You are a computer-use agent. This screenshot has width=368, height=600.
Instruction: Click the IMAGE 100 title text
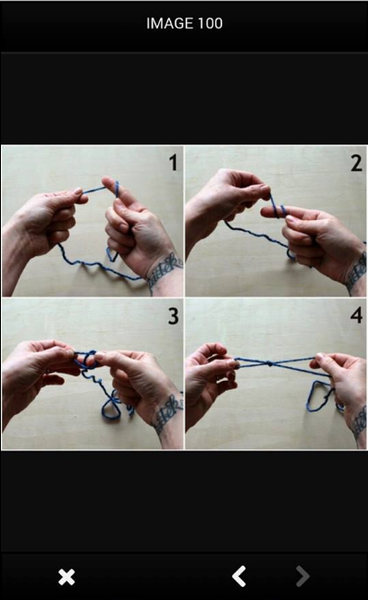click(x=184, y=23)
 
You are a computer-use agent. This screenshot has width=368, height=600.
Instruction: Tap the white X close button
click(x=67, y=577)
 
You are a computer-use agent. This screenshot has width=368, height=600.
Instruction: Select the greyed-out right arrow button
click(x=302, y=576)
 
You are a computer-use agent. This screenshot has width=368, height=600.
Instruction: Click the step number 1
click(x=173, y=162)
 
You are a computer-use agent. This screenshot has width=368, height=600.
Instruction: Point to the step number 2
click(x=356, y=163)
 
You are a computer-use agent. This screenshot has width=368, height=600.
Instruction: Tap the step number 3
click(x=173, y=316)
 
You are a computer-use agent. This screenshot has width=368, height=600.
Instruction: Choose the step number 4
click(x=356, y=315)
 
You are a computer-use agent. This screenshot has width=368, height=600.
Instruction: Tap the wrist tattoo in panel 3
click(x=167, y=413)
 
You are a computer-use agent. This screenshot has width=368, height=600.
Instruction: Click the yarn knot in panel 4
click(x=270, y=364)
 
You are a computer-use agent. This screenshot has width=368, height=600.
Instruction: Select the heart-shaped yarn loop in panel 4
click(x=317, y=396)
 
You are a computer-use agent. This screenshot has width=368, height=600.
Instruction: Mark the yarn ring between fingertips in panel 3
click(x=89, y=360)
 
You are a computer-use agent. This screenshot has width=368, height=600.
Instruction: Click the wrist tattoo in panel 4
click(x=360, y=422)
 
